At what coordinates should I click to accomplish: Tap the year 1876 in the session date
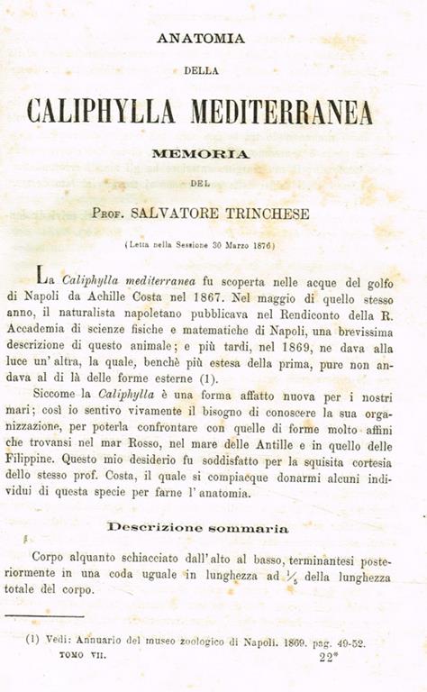(261, 245)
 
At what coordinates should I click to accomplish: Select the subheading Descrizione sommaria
(198, 527)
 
